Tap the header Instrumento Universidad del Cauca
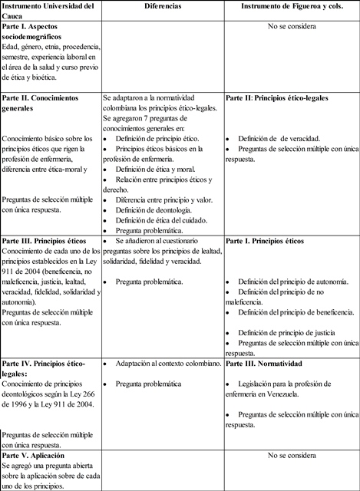point(48,12)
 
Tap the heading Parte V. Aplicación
point(38,456)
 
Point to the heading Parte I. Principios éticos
point(265,241)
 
